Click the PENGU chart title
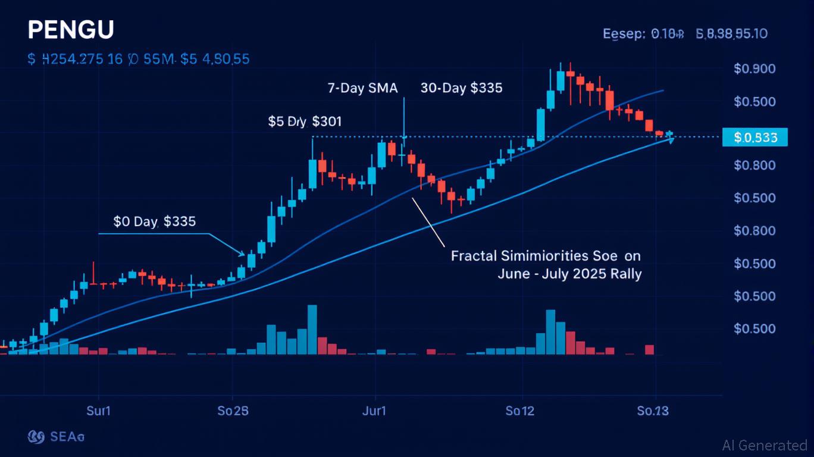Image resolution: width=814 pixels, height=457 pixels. tap(70, 30)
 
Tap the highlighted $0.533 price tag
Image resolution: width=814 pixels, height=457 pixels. tap(754, 137)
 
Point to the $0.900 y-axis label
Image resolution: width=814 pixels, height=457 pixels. tap(754, 68)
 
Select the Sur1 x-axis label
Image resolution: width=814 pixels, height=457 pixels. tap(99, 411)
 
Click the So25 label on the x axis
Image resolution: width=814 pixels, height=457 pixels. tap(233, 411)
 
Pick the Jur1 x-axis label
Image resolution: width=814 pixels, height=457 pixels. tap(374, 411)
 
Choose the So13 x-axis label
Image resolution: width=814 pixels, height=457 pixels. tap(653, 411)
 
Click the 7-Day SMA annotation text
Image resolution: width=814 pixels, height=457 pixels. tap(362, 88)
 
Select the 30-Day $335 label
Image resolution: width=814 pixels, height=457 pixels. tap(461, 88)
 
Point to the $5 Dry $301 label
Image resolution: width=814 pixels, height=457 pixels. tap(305, 122)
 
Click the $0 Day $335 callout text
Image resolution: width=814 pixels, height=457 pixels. tap(154, 221)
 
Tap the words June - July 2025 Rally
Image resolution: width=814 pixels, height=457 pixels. tap(569, 274)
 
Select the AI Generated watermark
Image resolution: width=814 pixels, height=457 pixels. tap(765, 445)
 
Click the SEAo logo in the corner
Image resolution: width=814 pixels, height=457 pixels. tap(57, 437)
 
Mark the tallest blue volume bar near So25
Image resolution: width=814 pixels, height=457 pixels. tap(312, 330)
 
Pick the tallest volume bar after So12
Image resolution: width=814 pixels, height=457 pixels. tap(550, 332)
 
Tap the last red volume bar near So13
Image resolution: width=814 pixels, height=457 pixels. tap(649, 350)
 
